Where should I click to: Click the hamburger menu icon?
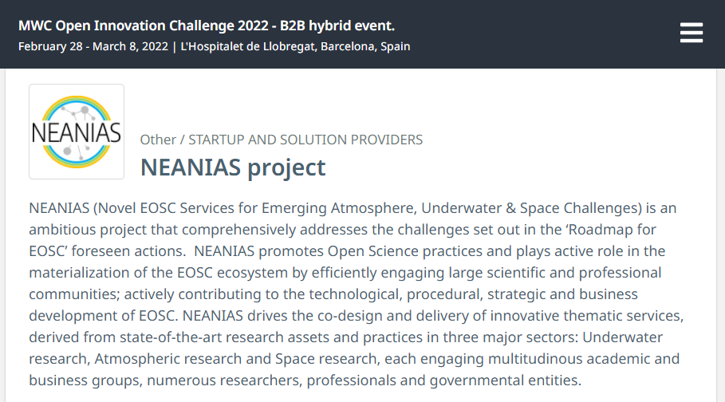[x=692, y=33]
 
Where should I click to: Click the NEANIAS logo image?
[x=77, y=132]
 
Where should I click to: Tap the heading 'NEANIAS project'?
[x=233, y=167]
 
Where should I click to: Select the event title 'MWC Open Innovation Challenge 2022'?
[x=144, y=26]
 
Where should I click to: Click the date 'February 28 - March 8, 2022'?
[x=93, y=46]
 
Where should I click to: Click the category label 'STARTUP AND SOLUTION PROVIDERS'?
[x=305, y=140]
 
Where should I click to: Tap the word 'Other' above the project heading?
[x=158, y=140]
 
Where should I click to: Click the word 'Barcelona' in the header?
[x=349, y=46]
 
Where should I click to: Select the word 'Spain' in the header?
[x=396, y=46]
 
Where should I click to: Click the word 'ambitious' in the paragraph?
[x=62, y=230]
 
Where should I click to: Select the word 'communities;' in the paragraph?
[x=74, y=294]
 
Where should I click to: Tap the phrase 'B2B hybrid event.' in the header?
[x=337, y=26]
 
